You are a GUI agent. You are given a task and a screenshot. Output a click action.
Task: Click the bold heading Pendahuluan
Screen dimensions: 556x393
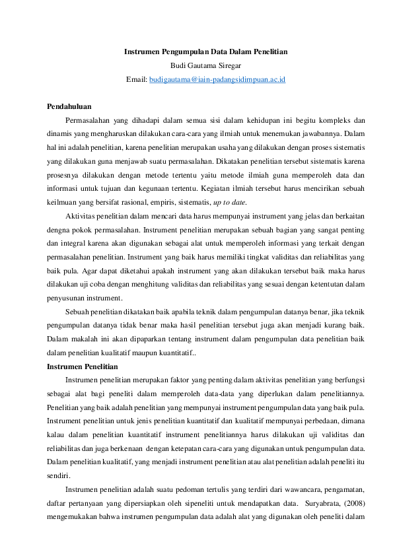click(x=69, y=106)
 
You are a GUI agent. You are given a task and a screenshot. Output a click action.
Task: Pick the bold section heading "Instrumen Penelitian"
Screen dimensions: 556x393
click(x=83, y=366)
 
